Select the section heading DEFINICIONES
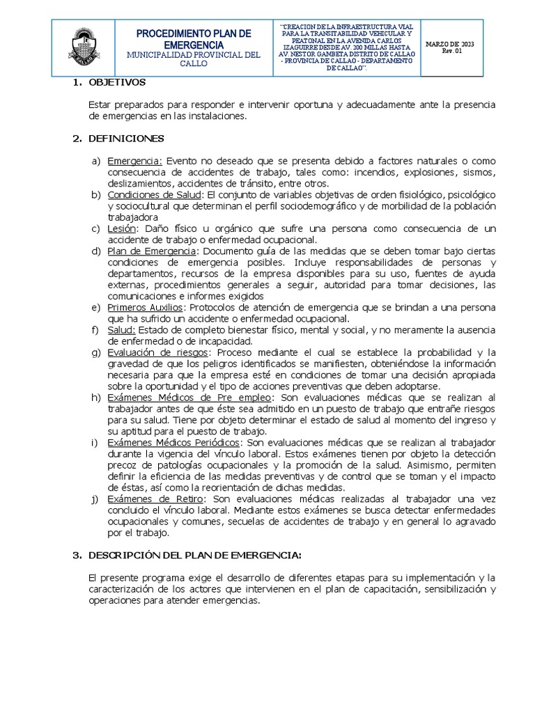[x=126, y=139]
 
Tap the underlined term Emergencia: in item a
[x=134, y=161]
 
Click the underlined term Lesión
[x=121, y=228]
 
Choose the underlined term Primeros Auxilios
[x=146, y=307]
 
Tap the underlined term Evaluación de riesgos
[x=157, y=352]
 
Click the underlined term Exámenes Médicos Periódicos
[x=174, y=443]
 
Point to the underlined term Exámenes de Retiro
[x=155, y=499]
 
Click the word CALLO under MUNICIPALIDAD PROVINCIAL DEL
[x=194, y=63]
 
